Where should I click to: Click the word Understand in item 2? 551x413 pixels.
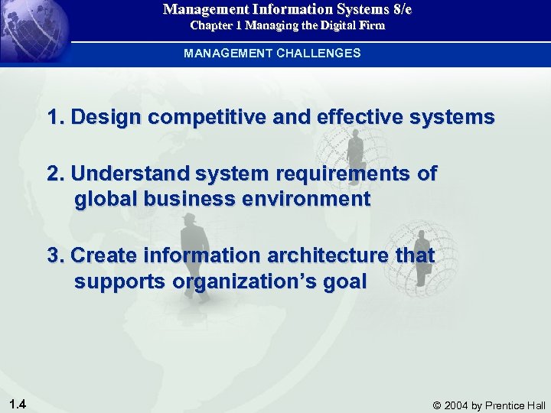[x=129, y=174]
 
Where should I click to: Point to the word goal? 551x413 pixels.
[x=345, y=281]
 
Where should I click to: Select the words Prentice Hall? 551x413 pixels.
[x=516, y=405]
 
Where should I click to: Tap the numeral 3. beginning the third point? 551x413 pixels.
[x=56, y=255]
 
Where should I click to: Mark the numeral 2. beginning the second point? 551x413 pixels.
[x=56, y=174]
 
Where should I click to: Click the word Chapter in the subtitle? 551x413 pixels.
[x=211, y=26]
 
